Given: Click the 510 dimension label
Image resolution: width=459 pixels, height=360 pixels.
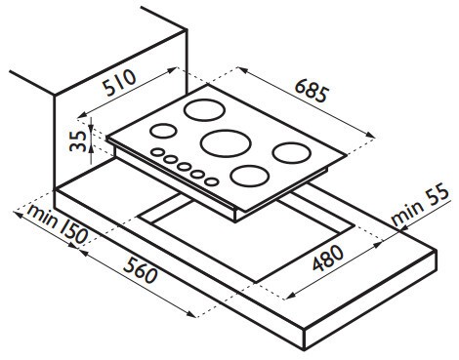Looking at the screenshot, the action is click(x=119, y=83).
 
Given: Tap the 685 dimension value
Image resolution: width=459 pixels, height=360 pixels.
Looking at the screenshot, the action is click(x=311, y=91).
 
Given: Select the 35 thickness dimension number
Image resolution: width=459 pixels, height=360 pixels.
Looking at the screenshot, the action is click(x=78, y=140).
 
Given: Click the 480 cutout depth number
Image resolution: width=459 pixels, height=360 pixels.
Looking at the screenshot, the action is click(x=328, y=258).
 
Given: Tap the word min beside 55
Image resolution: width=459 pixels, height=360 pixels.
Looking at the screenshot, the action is click(x=406, y=214).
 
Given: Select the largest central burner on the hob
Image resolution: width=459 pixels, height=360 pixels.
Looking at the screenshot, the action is click(x=226, y=143).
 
